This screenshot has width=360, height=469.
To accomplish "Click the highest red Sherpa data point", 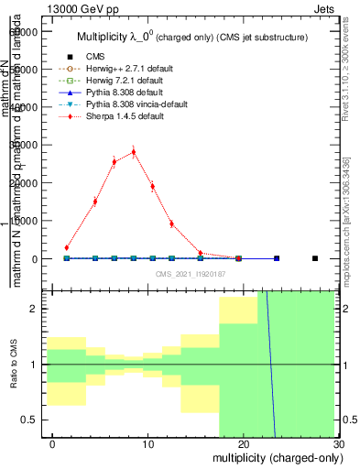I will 134,152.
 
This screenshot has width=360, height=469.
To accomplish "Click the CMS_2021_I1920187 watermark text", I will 191,274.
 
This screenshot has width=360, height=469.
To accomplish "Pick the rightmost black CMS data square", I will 314,258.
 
